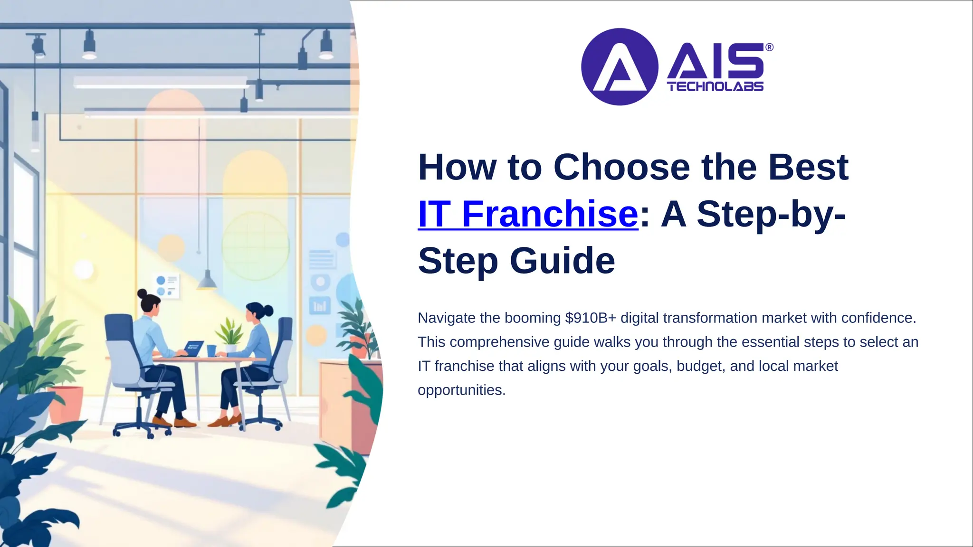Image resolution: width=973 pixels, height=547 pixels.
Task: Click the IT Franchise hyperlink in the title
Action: (527, 215)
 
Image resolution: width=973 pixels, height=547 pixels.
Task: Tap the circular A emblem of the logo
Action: (619, 67)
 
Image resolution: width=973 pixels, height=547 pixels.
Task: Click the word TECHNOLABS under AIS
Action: (715, 86)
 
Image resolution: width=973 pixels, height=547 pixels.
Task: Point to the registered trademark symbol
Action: (769, 47)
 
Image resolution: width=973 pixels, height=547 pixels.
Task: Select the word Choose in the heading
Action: (621, 168)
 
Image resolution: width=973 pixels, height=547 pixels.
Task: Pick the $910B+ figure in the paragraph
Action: (591, 318)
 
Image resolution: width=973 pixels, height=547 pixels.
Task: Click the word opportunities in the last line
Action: (460, 390)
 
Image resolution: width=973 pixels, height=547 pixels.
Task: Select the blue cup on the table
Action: (211, 350)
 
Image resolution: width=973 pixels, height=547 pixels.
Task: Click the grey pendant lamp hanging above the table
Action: (207, 281)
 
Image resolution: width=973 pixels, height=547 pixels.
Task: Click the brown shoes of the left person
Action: (173, 422)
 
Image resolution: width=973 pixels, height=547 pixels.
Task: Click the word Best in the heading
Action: (808, 168)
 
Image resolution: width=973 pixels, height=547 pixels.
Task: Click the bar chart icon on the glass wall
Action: (320, 305)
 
